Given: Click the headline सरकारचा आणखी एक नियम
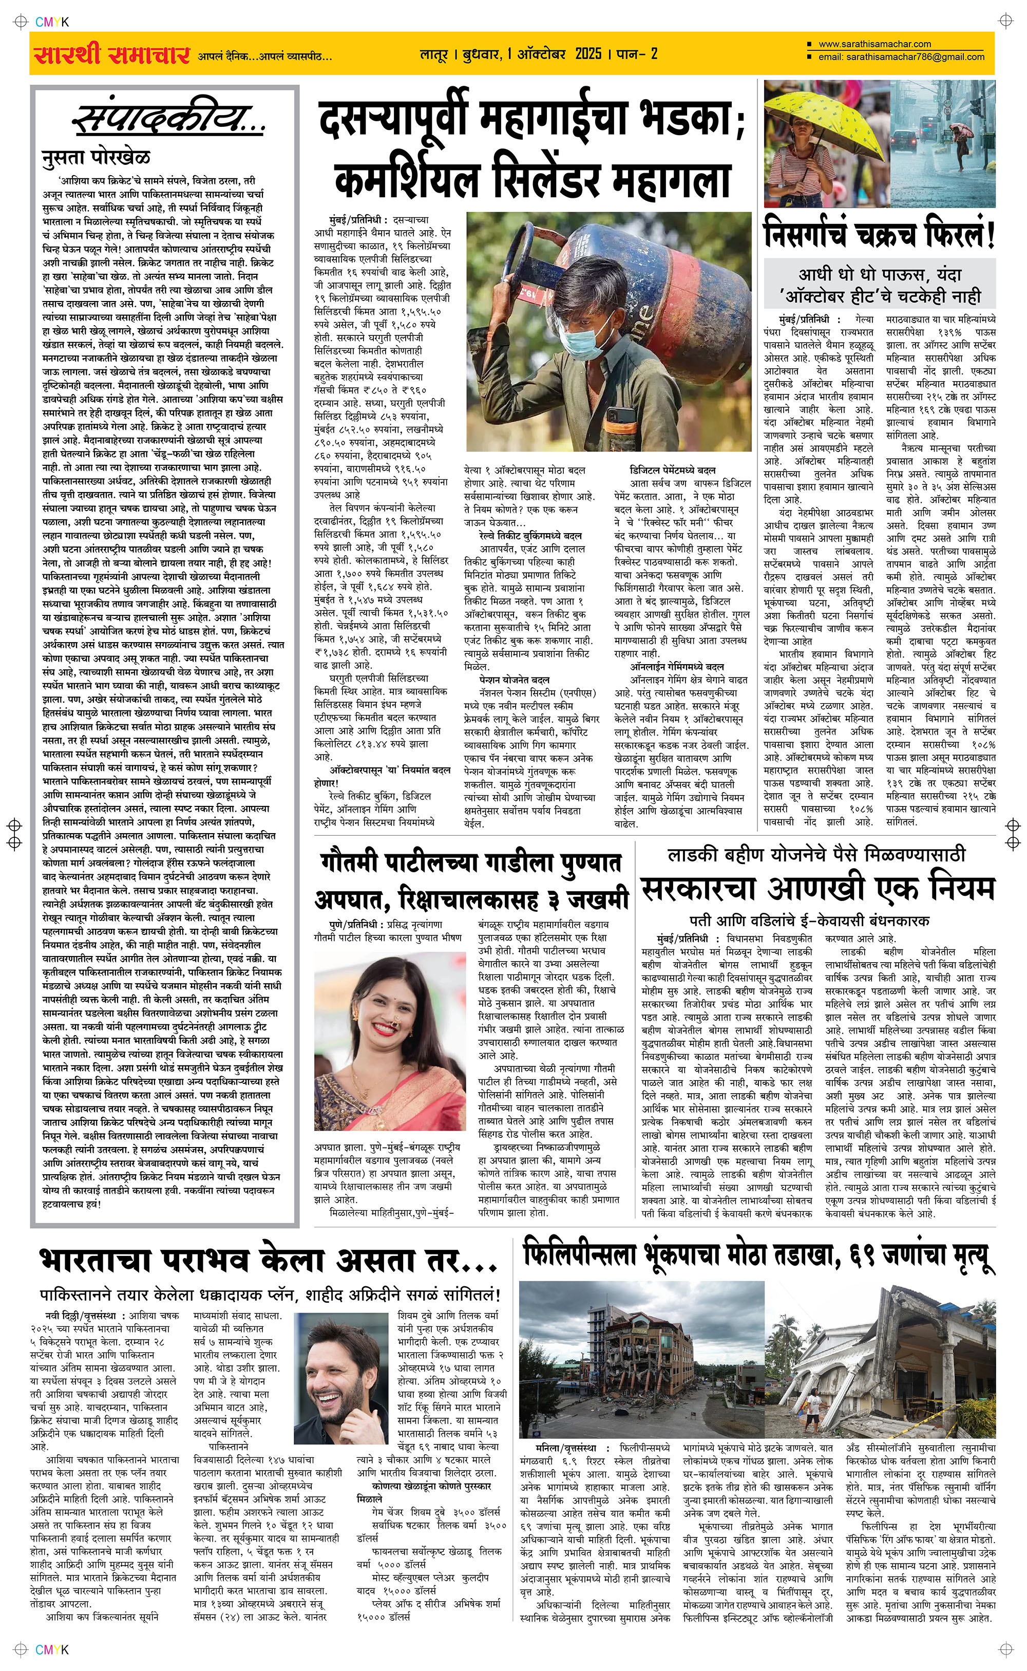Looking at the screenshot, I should pyautogui.click(x=818, y=889).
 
